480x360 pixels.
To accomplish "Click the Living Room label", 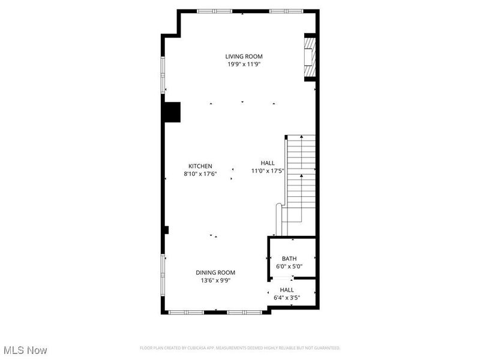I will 244,57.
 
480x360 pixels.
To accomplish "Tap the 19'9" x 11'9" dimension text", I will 244,64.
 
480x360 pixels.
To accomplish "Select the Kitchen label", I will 200,166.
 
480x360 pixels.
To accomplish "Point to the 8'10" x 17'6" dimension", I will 200,174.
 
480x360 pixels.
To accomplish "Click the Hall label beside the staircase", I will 268,163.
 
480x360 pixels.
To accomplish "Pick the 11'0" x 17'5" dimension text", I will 268,170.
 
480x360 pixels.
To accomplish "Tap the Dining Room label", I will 215,272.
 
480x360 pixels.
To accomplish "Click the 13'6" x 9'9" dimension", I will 215,280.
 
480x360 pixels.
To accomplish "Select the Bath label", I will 289,259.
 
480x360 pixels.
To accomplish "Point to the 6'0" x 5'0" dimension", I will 289,266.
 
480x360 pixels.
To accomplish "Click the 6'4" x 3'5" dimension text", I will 287,297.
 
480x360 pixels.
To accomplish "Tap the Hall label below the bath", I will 287,290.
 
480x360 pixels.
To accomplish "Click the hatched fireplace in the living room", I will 309,58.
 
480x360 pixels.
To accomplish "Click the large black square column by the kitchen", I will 172,112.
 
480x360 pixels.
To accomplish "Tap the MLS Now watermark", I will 25,349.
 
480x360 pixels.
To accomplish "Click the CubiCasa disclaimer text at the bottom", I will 240,348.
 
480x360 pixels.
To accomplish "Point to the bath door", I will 282,278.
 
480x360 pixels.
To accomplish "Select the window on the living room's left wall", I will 162,74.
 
